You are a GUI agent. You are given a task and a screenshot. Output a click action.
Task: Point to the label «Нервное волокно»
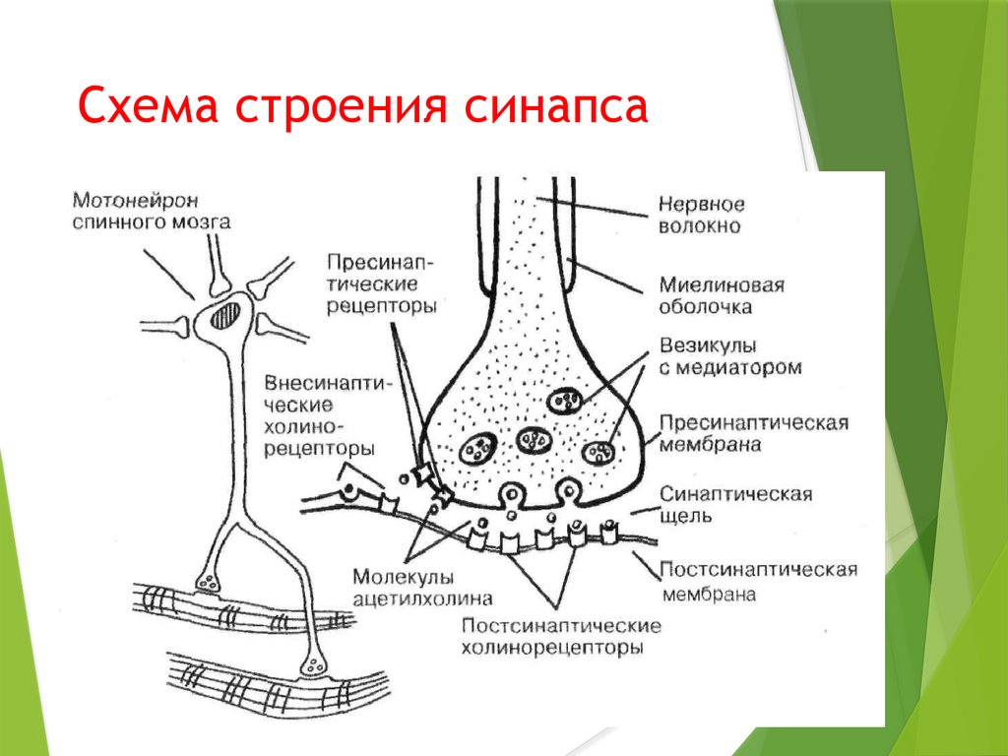(x=702, y=216)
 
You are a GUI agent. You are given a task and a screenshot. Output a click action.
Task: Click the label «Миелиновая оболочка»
(x=722, y=295)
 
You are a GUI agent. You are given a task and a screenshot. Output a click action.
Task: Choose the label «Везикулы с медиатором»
(x=729, y=357)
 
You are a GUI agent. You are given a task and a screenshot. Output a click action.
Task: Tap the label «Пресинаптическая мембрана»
(x=753, y=433)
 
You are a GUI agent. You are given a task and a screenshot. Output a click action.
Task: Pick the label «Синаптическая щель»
(x=735, y=504)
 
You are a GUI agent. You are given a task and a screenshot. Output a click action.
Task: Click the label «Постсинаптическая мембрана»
(x=758, y=582)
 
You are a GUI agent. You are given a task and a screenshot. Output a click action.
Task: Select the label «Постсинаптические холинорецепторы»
(x=560, y=637)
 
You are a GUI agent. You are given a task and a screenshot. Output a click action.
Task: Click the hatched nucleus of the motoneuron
(x=226, y=317)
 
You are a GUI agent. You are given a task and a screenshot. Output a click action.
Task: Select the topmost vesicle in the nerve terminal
(x=564, y=401)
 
